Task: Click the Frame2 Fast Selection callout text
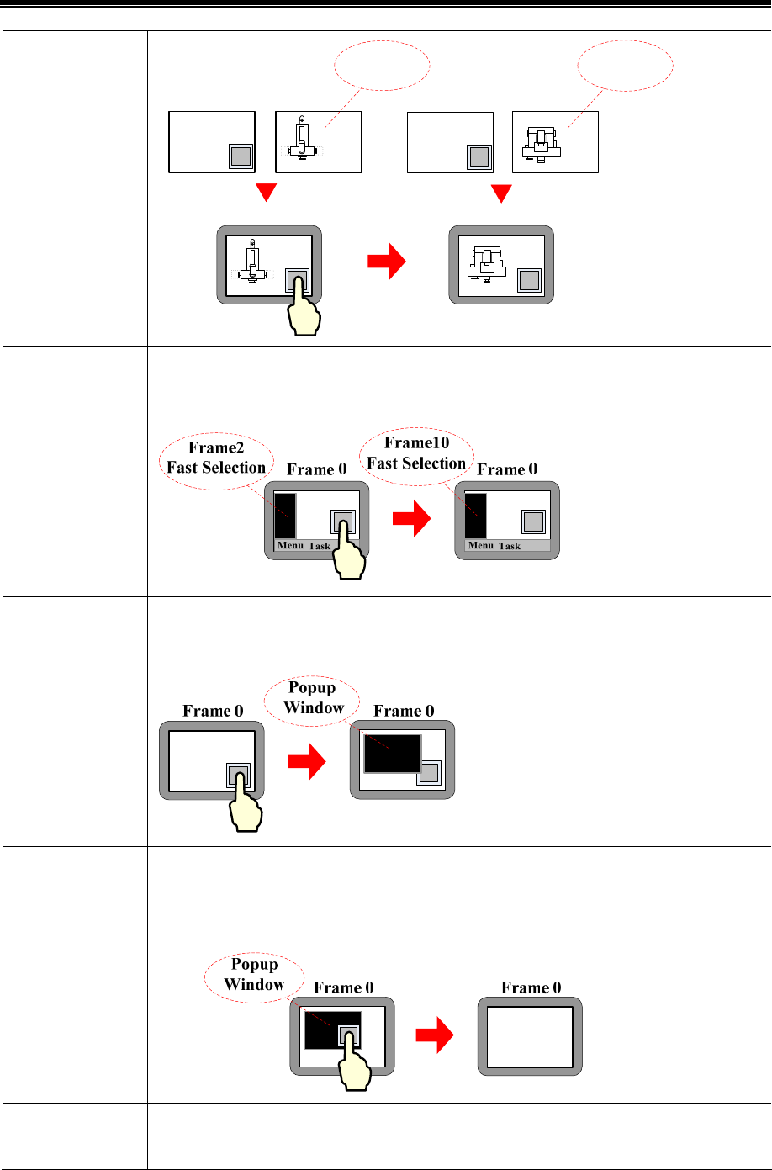[216, 458]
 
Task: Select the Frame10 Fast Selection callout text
[416, 454]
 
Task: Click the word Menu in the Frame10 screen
[481, 545]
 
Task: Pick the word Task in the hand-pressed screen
[320, 546]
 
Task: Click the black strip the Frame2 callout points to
[286, 516]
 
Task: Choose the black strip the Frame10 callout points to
[476, 516]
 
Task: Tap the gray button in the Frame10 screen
[533, 521]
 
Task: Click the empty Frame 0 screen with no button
[530, 1036]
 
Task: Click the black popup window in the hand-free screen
[392, 752]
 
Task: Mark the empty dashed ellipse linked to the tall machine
[383, 65]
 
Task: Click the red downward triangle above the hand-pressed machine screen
[267, 193]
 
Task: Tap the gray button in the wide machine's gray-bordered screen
[529, 280]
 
